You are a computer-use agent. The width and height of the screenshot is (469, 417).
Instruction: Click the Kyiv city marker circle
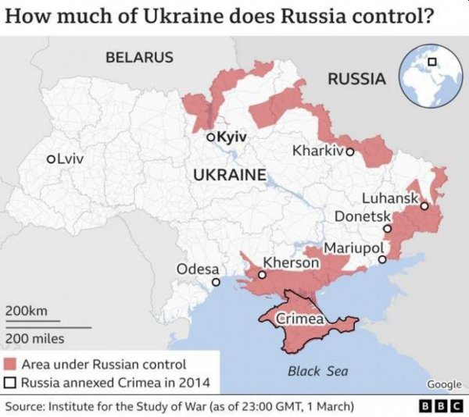pyautogui.click(x=210, y=137)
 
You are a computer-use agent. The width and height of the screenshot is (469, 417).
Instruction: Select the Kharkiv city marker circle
pyautogui.click(x=350, y=151)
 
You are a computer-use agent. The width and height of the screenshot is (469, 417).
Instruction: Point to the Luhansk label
pyautogui.click(x=390, y=198)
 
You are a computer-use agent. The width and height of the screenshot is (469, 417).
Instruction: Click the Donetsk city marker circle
pyautogui.click(x=387, y=229)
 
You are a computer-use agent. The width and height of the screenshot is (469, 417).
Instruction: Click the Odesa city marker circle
pyautogui.click(x=216, y=282)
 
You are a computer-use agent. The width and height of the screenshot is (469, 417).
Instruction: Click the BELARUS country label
pyautogui.click(x=139, y=57)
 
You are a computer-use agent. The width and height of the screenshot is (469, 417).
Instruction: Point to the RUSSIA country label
pyautogui.click(x=356, y=78)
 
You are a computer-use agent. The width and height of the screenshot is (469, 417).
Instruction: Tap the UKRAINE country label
pyautogui.click(x=230, y=174)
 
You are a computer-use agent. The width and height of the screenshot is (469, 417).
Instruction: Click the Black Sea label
pyautogui.click(x=317, y=371)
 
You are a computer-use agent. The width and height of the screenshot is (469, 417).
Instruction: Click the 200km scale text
pyautogui.click(x=27, y=311)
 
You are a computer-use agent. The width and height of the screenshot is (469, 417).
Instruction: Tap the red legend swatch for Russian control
pyautogui.click(x=11, y=364)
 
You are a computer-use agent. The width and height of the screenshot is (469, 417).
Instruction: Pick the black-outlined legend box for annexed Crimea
pyautogui.click(x=11, y=383)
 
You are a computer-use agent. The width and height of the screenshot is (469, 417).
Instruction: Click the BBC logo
pyautogui.click(x=442, y=407)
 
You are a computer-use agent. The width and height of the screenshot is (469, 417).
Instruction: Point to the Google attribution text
pyautogui.click(x=443, y=383)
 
